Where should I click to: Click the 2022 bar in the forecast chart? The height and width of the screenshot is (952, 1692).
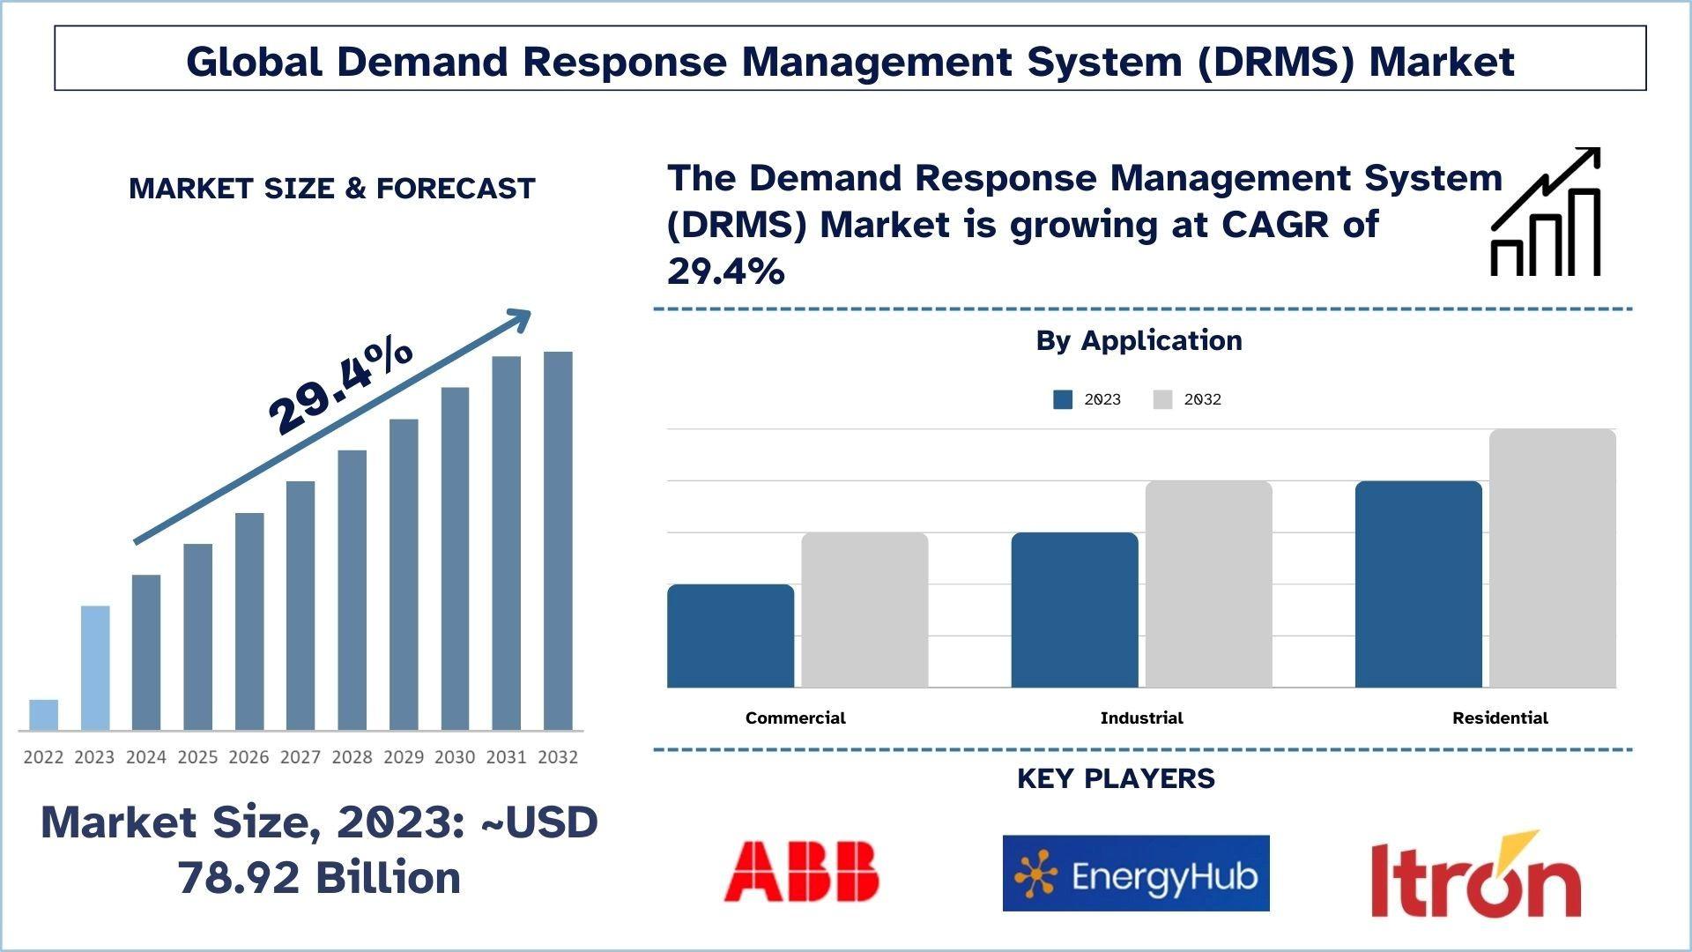click(x=43, y=715)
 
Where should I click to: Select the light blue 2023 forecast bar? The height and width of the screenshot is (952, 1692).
click(x=95, y=668)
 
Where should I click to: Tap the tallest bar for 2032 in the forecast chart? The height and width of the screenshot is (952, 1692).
click(x=558, y=541)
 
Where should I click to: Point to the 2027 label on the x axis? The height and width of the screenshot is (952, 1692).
click(x=301, y=757)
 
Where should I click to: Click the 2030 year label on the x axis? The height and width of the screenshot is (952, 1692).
click(x=455, y=757)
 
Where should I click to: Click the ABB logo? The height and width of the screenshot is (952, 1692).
click(x=801, y=872)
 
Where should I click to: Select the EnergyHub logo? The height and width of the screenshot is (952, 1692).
click(x=1136, y=874)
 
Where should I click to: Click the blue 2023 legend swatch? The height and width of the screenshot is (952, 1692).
click(x=1063, y=399)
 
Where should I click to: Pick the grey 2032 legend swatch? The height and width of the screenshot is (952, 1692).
click(x=1162, y=399)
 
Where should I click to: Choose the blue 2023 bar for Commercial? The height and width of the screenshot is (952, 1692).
click(x=731, y=636)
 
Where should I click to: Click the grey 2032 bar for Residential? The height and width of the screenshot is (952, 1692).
click(x=1552, y=558)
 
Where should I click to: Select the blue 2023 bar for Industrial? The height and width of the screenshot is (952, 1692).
click(x=1074, y=610)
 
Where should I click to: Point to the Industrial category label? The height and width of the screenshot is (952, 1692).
click(x=1141, y=718)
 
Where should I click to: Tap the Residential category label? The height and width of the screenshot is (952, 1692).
click(x=1500, y=718)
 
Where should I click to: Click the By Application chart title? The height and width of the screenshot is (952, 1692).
click(x=1139, y=340)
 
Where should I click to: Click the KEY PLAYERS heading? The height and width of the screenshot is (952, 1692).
click(x=1116, y=778)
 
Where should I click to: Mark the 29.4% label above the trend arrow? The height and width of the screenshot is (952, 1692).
click(x=340, y=387)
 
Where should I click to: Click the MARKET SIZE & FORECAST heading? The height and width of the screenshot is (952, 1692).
click(x=332, y=188)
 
